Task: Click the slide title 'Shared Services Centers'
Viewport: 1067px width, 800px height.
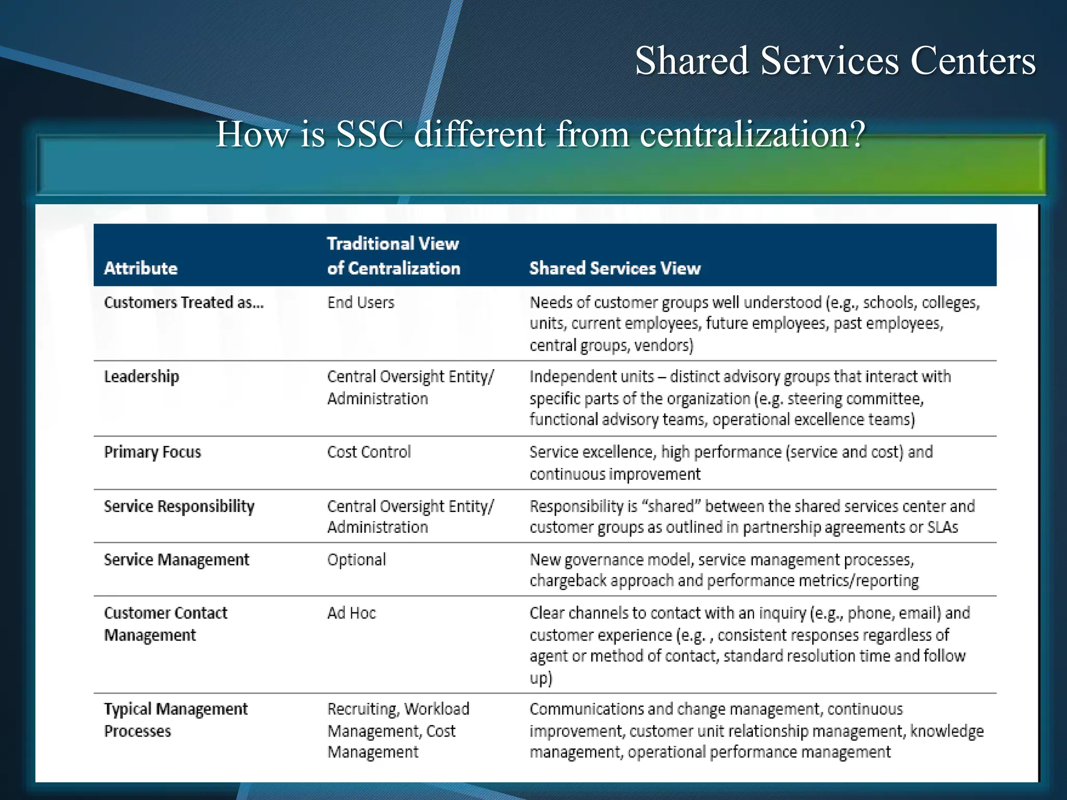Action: [835, 61]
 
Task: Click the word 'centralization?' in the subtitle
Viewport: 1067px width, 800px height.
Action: [752, 134]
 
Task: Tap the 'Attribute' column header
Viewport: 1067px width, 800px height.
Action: [141, 268]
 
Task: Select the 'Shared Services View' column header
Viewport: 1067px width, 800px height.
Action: [615, 268]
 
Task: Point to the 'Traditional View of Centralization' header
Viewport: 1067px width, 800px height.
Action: [393, 256]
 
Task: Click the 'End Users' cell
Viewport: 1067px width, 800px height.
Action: [361, 303]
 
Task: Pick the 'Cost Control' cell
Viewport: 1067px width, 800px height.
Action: [369, 452]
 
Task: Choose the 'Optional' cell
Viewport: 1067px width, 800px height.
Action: [356, 560]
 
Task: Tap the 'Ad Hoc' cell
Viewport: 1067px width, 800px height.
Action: [351, 613]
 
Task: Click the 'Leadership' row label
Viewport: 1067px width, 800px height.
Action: [141, 377]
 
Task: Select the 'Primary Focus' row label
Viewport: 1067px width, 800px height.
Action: [152, 452]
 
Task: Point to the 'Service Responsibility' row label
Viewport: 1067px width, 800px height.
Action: [179, 506]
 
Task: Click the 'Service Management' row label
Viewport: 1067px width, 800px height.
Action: [177, 560]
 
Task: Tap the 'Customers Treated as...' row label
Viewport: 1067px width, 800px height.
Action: [184, 303]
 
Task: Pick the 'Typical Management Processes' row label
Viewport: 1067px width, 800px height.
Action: [176, 720]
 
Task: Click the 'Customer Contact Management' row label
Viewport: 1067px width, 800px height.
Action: [165, 624]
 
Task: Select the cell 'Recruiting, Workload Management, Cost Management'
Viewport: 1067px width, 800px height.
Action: [398, 731]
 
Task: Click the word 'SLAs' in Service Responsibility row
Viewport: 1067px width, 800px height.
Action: [942, 528]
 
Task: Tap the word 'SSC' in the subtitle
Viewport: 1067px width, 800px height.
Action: [369, 134]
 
